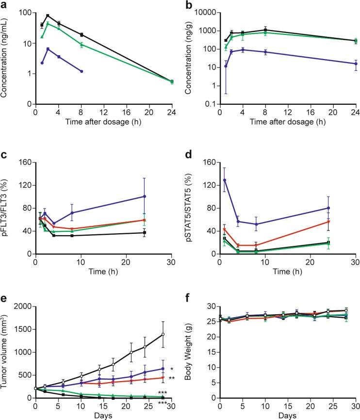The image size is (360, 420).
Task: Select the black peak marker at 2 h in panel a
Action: pyautogui.click(x=48, y=16)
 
